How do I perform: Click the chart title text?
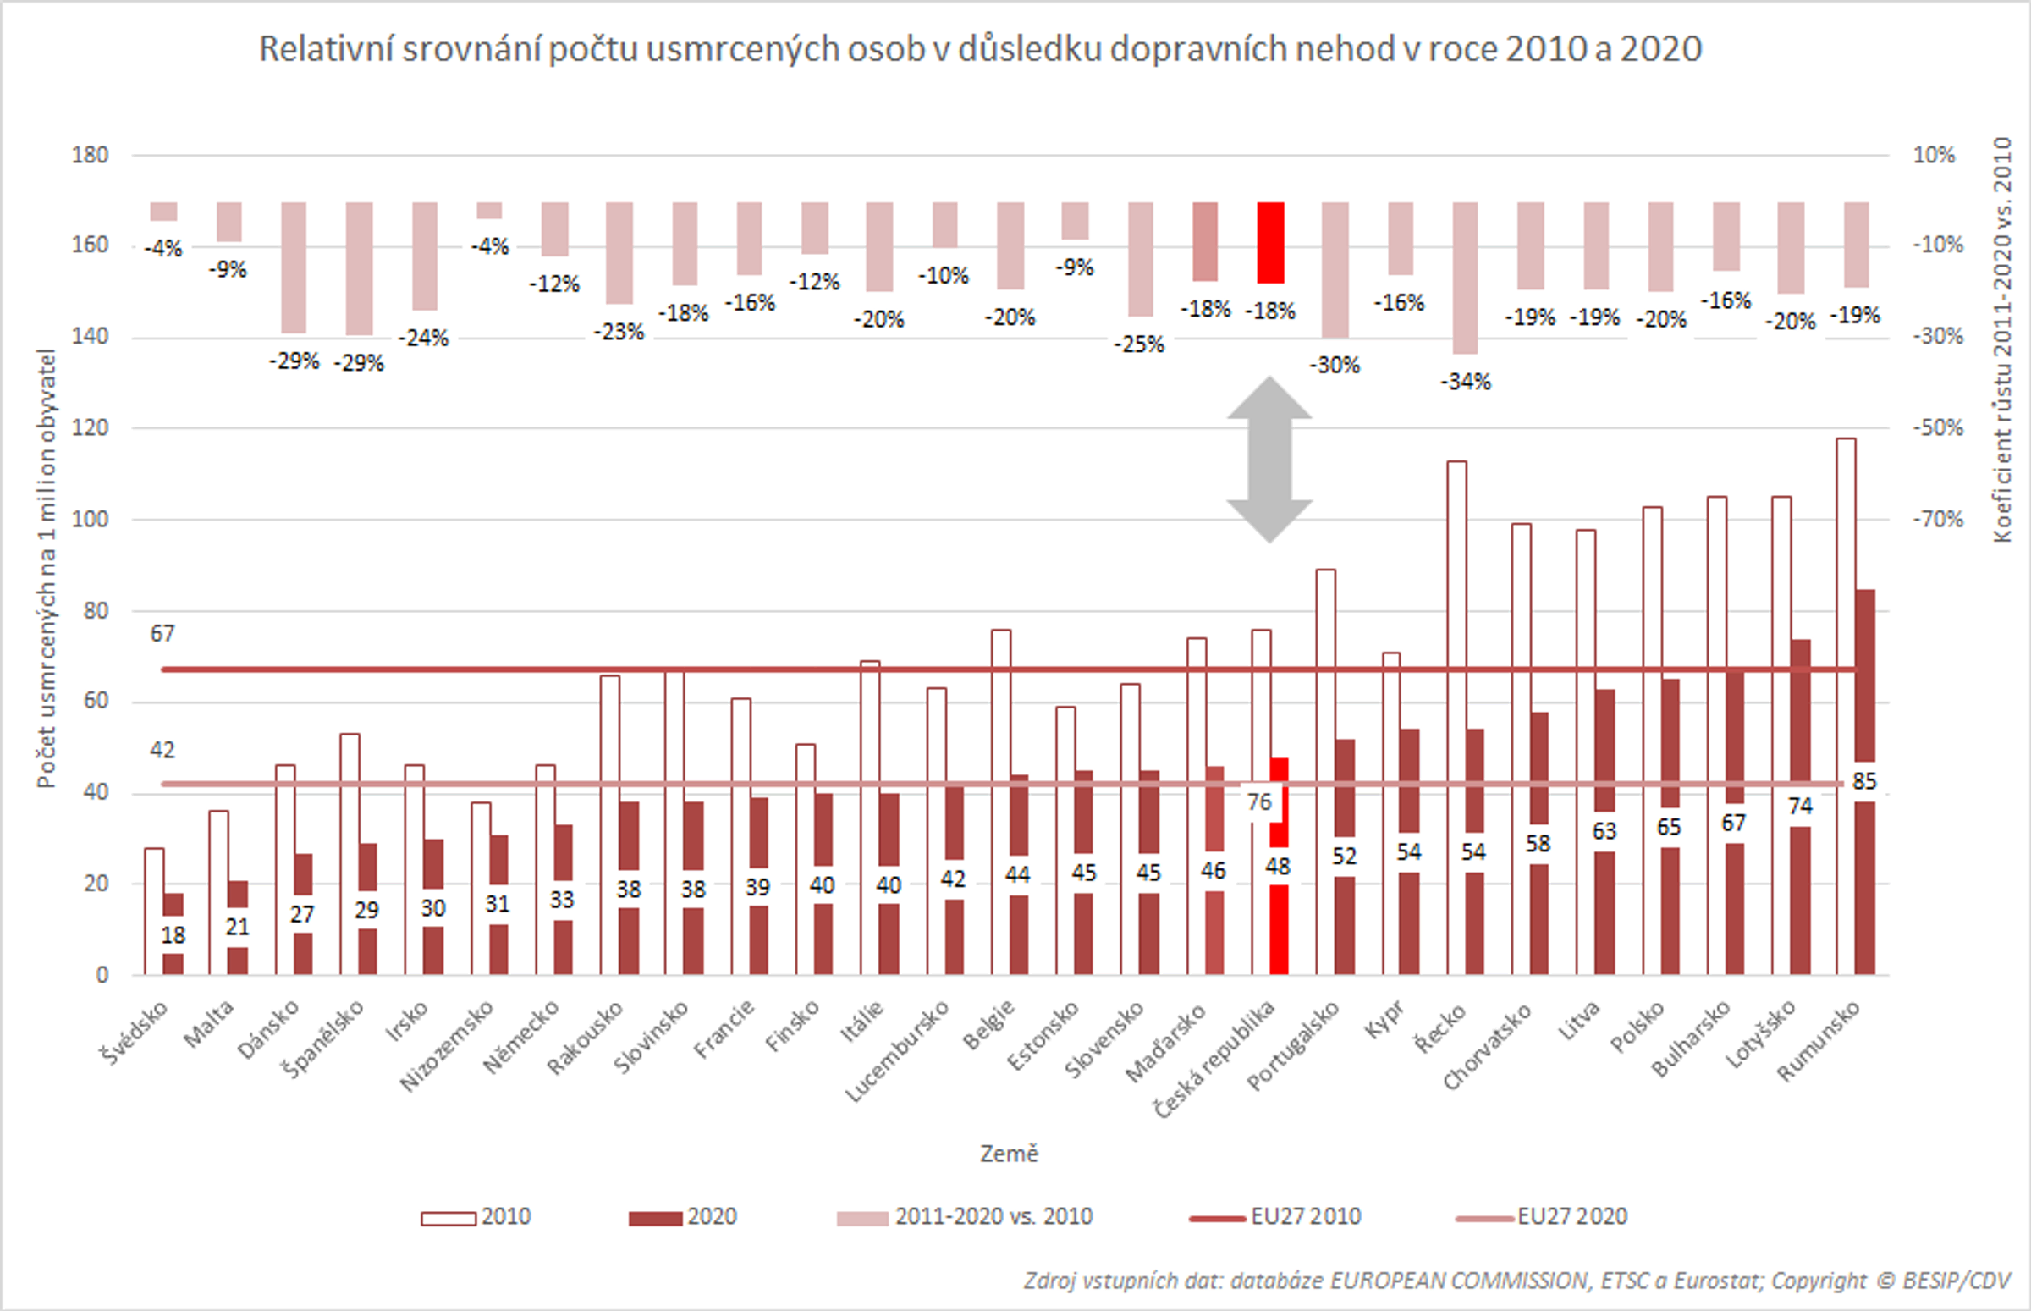tap(980, 48)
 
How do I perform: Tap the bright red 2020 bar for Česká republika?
tap(1279, 928)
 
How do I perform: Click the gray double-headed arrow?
tap(1269, 460)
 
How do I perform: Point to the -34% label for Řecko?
tap(1465, 383)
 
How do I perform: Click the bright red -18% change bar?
tap(1270, 243)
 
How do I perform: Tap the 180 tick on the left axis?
tap(91, 155)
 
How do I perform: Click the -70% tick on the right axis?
tap(1937, 520)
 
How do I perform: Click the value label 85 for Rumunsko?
tap(1863, 781)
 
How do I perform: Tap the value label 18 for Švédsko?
tap(173, 935)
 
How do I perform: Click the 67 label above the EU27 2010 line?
tap(162, 634)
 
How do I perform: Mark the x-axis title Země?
tap(1009, 1154)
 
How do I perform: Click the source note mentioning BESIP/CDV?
tap(1516, 1281)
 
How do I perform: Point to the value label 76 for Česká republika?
tap(1258, 802)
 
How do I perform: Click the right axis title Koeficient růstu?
tap(2003, 340)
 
